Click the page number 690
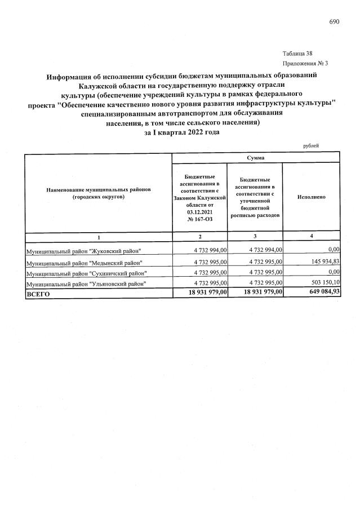[x=334, y=22]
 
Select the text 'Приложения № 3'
[x=305, y=63]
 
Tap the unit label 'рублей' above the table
[x=311, y=145]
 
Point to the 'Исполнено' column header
[x=311, y=197]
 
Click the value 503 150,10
[x=320, y=283]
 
